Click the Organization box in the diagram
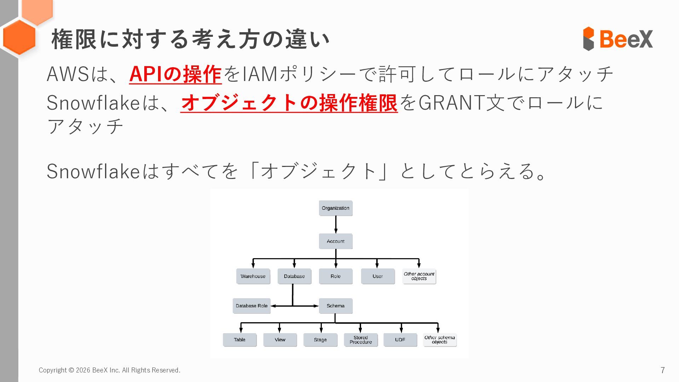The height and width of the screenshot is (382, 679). click(x=336, y=208)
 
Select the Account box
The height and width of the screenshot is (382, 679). click(x=336, y=241)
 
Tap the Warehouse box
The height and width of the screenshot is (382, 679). click(x=253, y=276)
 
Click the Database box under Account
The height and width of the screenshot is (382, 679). click(x=294, y=276)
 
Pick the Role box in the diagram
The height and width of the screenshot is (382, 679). click(x=336, y=276)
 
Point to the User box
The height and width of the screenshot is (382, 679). click(x=377, y=276)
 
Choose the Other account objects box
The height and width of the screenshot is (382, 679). click(x=419, y=276)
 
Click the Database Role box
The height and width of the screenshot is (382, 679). click(x=251, y=306)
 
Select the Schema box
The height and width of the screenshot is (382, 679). click(x=336, y=306)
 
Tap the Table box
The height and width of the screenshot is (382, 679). click(x=239, y=340)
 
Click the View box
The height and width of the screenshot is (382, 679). click(x=280, y=340)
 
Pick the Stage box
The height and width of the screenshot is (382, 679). click(x=320, y=340)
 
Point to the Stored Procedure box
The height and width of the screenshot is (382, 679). click(x=361, y=340)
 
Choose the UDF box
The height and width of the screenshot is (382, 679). click(x=400, y=340)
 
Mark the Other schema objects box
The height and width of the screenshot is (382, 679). click(x=440, y=340)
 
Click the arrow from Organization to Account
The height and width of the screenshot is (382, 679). click(x=336, y=225)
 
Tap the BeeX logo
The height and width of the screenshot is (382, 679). click(x=618, y=39)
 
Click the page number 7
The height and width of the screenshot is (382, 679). click(x=662, y=370)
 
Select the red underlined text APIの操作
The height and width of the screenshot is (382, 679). click(x=175, y=74)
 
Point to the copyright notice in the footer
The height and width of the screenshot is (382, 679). click(x=110, y=370)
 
